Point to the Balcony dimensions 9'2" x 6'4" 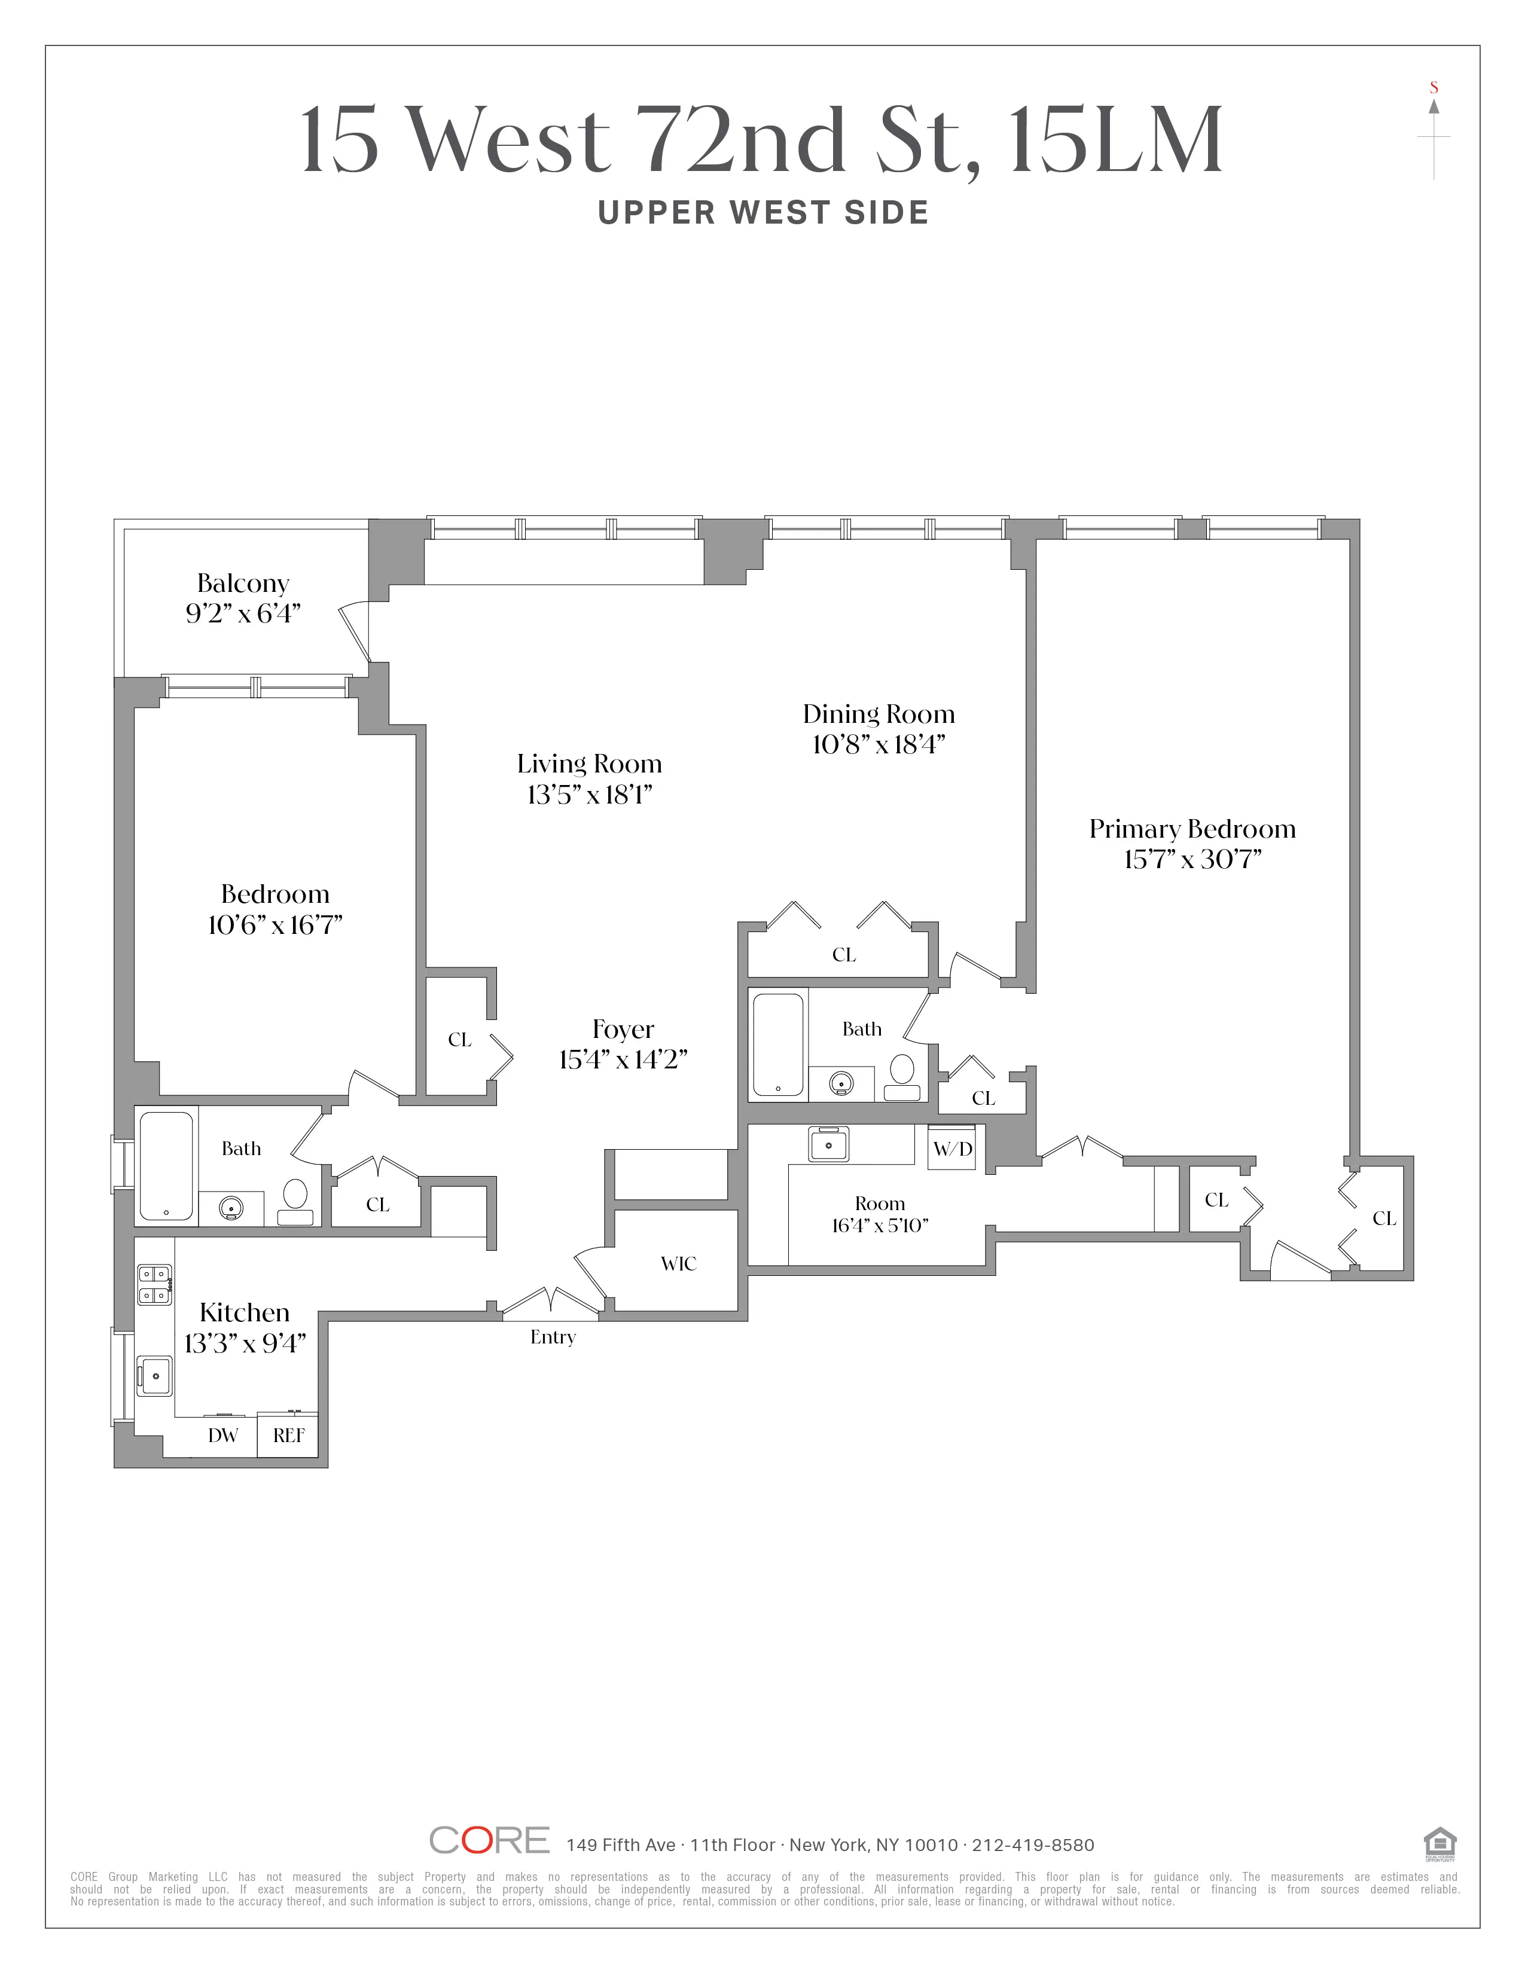pyautogui.click(x=243, y=613)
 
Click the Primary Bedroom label pyautogui.click(x=1192, y=829)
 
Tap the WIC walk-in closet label pyautogui.click(x=679, y=1264)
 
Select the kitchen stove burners pyautogui.click(x=154, y=1285)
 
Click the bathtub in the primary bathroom pyautogui.click(x=778, y=1044)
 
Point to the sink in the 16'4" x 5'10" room pyautogui.click(x=828, y=1144)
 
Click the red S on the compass pyautogui.click(x=1433, y=88)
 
